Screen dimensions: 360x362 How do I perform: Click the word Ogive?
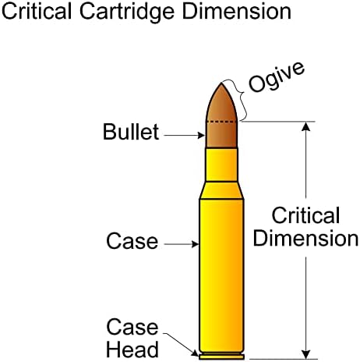coord(277,77)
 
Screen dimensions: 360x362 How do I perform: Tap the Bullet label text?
coord(131,132)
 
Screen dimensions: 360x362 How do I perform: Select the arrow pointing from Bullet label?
coord(185,135)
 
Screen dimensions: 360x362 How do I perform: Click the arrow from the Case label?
coord(182,244)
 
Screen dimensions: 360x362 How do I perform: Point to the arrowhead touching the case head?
coord(195,353)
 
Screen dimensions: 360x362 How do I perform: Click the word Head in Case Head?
coord(132,350)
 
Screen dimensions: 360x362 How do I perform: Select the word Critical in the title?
coord(37,12)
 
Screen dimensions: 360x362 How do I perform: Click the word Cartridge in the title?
coord(127,13)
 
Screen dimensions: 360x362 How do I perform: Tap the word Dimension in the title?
coord(237,12)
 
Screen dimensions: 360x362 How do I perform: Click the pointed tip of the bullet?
coord(221,83)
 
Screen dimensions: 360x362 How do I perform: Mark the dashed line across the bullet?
coord(221,122)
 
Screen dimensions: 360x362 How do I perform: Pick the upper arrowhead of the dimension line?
coord(306,126)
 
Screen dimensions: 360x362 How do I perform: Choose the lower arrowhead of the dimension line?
coord(306,354)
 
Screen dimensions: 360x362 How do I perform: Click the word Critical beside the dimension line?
coord(305,215)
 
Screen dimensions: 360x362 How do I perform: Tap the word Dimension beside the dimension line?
coord(305,238)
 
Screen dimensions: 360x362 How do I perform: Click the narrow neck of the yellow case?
coord(221,165)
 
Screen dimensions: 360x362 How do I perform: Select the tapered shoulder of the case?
coord(221,190)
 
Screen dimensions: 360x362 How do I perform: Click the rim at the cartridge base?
coord(221,357)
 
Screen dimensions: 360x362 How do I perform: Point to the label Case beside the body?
coord(132,241)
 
